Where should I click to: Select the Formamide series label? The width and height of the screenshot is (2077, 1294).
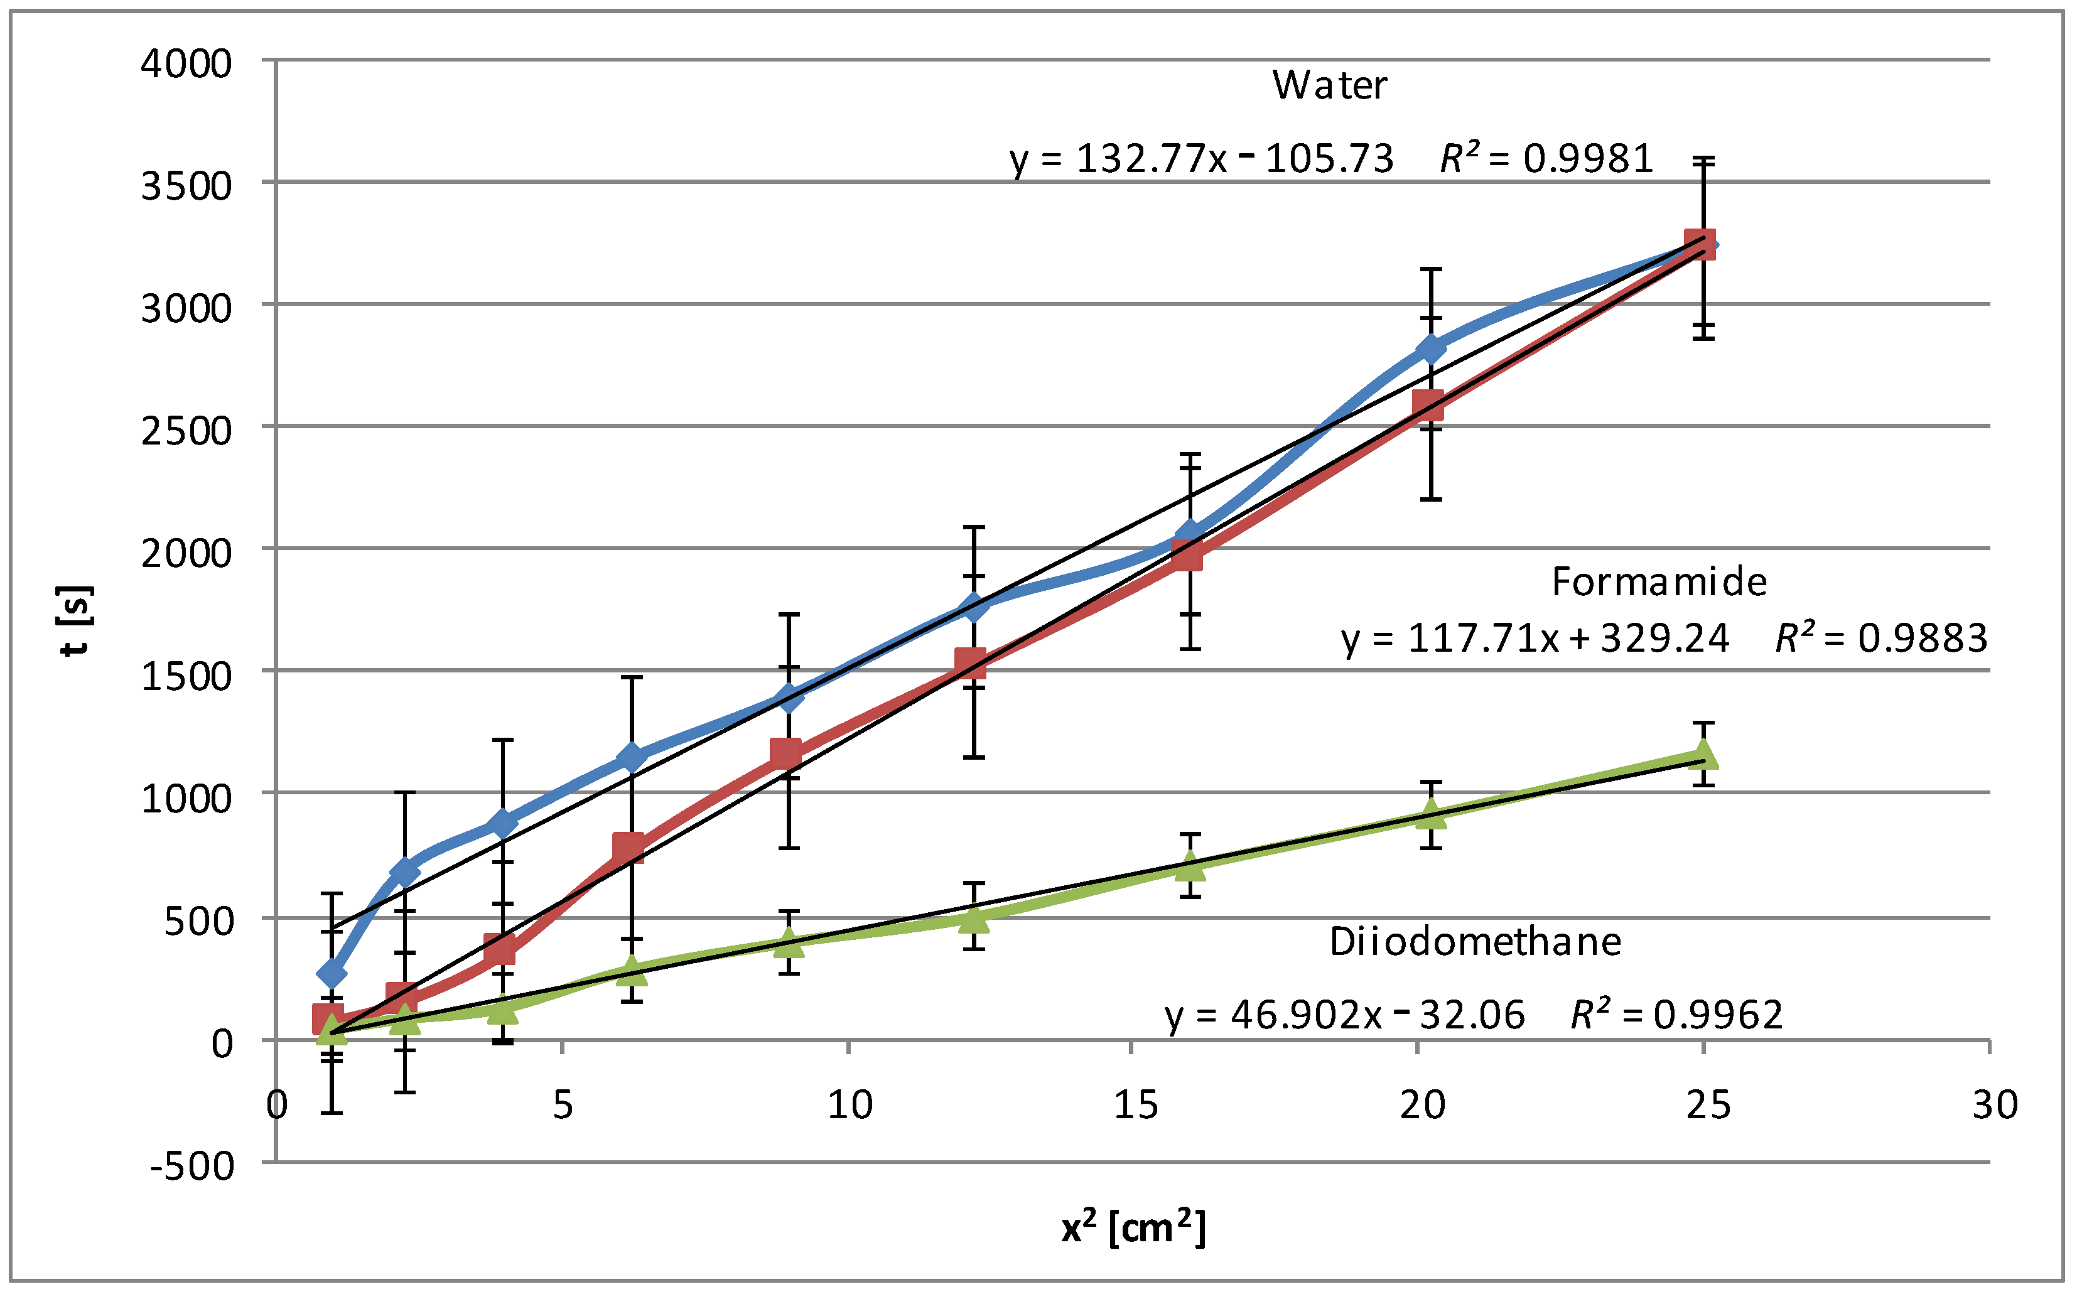1658,582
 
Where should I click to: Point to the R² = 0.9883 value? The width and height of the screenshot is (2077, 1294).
1880,638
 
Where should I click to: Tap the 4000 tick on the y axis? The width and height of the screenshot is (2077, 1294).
186,64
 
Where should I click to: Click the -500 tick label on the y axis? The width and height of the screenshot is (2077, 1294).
192,1166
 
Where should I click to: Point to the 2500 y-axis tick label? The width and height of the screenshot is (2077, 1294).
186,431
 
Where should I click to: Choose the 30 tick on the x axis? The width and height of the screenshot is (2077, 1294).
1995,1105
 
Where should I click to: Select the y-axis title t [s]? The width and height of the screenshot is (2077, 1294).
76,620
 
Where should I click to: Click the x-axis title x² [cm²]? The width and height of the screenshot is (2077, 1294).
1133,1228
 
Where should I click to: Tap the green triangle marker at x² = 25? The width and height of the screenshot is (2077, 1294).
1702,755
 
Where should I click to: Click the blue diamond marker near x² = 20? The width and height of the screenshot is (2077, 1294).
1430,348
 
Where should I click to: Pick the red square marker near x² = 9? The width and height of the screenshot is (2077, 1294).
785,754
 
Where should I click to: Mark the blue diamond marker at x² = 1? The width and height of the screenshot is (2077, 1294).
331,974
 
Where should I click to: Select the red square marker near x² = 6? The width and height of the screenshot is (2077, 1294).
629,847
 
